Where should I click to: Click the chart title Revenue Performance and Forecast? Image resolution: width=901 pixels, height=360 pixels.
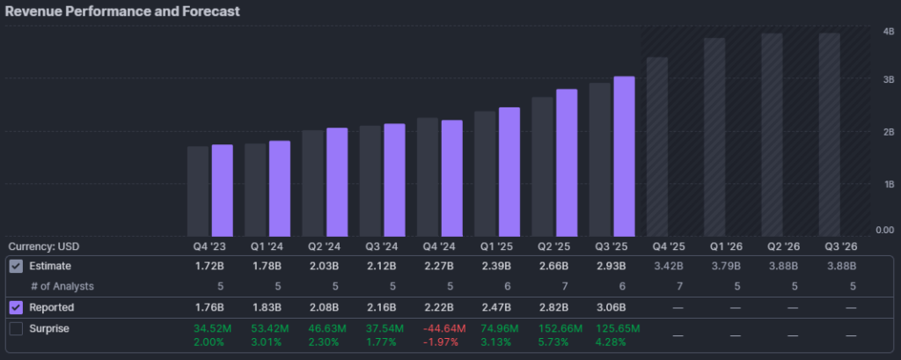[123, 11]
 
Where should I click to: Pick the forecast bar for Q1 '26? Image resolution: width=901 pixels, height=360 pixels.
[714, 136]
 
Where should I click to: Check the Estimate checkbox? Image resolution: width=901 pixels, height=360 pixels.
[16, 266]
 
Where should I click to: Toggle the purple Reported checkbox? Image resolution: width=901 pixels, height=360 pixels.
[16, 308]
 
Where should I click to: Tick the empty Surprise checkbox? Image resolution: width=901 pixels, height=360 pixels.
[16, 329]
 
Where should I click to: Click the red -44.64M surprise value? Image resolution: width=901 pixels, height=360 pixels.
[439, 328]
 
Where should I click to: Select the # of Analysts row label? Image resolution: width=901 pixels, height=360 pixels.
[62, 286]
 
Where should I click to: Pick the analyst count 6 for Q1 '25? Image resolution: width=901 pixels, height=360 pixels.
[503, 286]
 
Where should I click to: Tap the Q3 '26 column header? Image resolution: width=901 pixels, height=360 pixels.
[838, 246]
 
